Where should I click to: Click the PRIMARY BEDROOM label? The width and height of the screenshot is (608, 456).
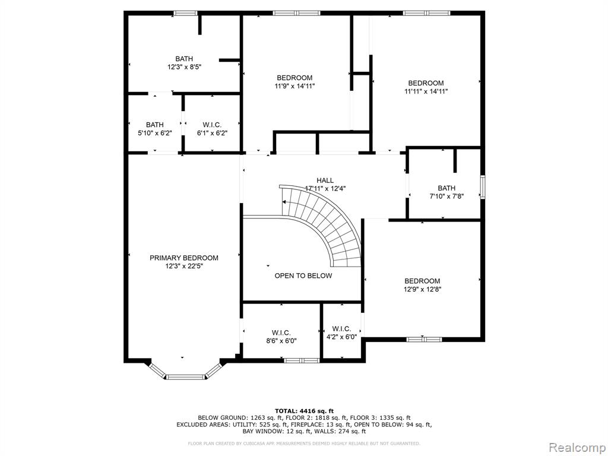click(184, 258)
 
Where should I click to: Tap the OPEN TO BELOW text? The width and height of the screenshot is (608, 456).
click(303, 275)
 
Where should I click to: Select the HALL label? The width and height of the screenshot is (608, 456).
click(325, 180)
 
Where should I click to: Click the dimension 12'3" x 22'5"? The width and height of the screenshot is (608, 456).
click(184, 266)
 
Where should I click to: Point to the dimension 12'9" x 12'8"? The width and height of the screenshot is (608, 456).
click(422, 289)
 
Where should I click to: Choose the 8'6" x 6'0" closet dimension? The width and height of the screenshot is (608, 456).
click(281, 341)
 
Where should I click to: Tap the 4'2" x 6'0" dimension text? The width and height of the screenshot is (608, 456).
click(341, 337)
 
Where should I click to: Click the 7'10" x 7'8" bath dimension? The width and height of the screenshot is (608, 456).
click(446, 196)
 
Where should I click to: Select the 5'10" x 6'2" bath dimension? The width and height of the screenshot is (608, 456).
click(155, 133)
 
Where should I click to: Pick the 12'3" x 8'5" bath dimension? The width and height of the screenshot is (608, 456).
click(184, 66)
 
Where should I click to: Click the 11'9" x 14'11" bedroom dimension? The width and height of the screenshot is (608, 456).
click(294, 86)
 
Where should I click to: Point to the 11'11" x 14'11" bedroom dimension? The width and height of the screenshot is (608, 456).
click(426, 91)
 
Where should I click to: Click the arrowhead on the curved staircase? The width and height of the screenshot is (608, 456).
click(284, 202)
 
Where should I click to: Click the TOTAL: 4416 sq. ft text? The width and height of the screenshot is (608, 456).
click(304, 411)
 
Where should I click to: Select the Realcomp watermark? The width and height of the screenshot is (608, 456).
click(577, 448)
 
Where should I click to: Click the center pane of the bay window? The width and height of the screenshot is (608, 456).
click(186, 376)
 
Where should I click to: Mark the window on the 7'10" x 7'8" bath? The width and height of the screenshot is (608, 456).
click(483, 187)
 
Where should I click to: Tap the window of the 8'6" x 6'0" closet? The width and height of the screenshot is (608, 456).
click(301, 360)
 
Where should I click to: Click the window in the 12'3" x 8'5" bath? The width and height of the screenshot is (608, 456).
click(185, 13)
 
